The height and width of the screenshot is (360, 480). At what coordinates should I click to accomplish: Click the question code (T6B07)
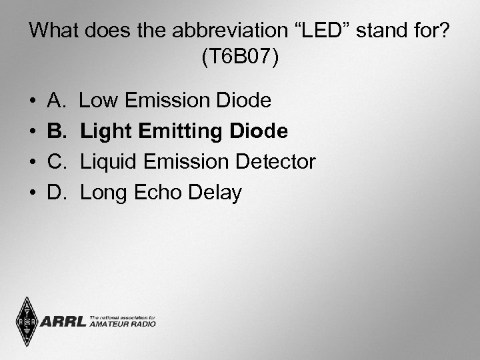240,57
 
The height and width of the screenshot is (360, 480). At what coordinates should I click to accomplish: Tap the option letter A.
56,101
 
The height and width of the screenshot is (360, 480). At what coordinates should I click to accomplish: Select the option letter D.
57,193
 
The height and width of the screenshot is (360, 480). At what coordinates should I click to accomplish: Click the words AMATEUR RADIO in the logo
122,325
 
